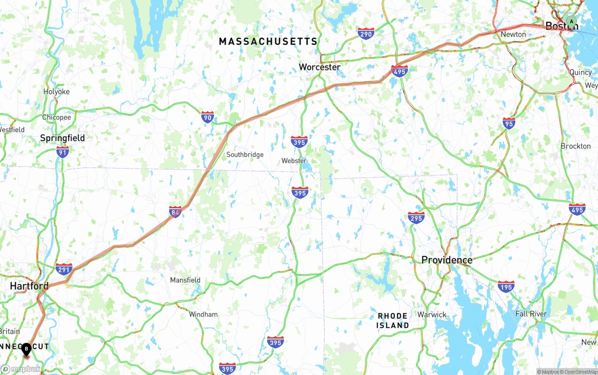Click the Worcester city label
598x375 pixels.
(x=320, y=67)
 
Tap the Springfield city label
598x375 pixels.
(x=63, y=138)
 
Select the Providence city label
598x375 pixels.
(x=447, y=260)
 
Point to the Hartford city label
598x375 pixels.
(x=29, y=286)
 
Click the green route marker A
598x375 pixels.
(x=571, y=21)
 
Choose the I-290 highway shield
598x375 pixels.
(x=366, y=33)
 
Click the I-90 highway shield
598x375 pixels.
(x=207, y=117)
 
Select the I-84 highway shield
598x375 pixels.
(x=176, y=212)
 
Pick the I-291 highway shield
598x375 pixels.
(x=64, y=269)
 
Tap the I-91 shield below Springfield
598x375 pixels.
(x=63, y=151)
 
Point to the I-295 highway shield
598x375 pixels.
(x=416, y=218)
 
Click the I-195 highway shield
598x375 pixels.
(x=506, y=286)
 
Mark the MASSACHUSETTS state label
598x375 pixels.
(x=268, y=42)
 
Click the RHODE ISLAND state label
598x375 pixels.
(x=393, y=321)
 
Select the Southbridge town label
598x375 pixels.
(x=245, y=155)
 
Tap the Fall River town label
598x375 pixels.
(x=531, y=314)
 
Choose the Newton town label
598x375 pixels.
(x=513, y=35)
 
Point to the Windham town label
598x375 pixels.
(x=203, y=314)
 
